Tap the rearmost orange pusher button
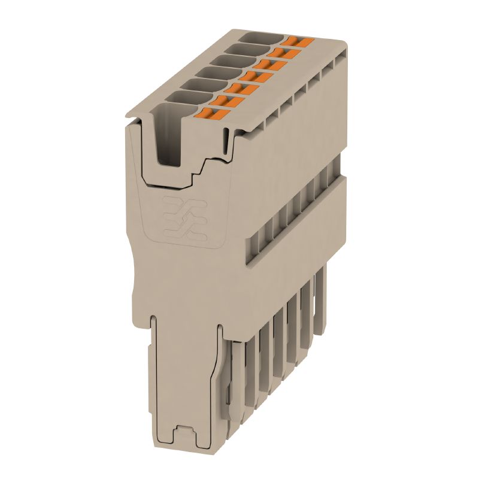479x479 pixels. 298,41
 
